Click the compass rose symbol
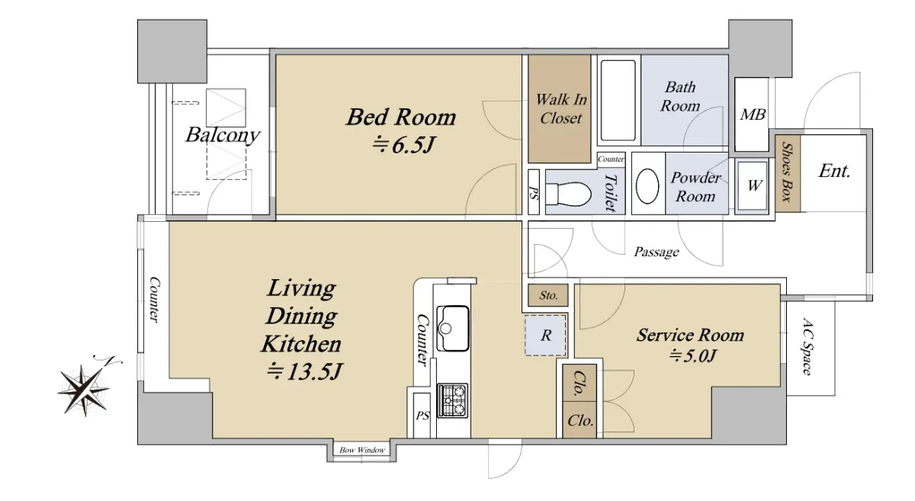(85, 390)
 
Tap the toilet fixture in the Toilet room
(568, 194)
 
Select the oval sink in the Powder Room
(647, 186)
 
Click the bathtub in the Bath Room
(618, 101)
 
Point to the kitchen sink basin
(453, 328)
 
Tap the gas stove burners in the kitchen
(453, 400)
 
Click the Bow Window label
(362, 450)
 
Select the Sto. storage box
(547, 295)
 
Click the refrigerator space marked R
(545, 335)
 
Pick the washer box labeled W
(753, 186)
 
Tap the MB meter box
(752, 114)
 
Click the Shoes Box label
(787, 172)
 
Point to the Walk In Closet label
(560, 109)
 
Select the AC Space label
(807, 346)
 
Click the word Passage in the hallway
(657, 252)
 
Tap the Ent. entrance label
(834, 171)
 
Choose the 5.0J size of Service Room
(692, 356)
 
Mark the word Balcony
(223, 135)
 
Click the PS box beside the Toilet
(534, 192)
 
